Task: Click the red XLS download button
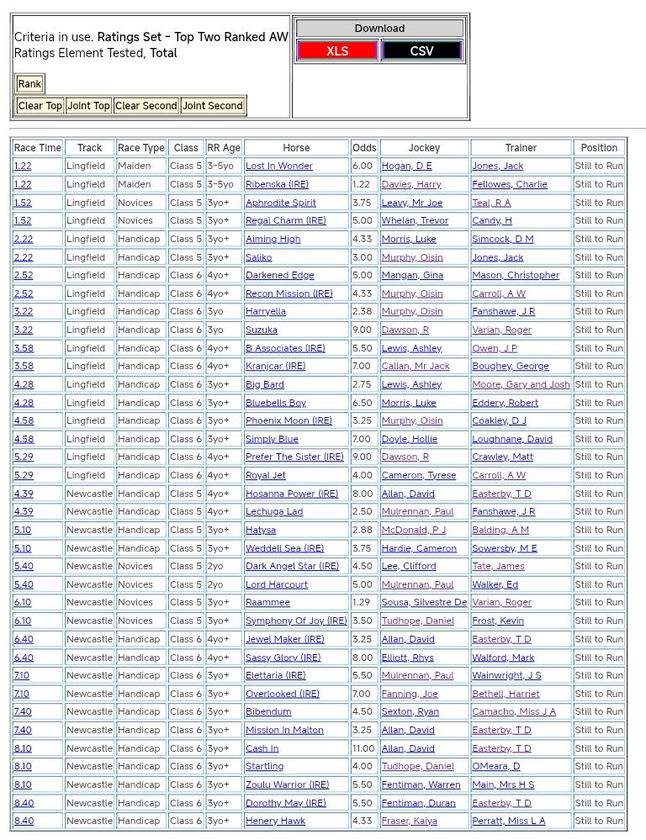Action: pyautogui.click(x=337, y=50)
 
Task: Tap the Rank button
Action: pyautogui.click(x=29, y=84)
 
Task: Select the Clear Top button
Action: pyautogui.click(x=40, y=106)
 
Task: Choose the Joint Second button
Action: pyautogui.click(x=213, y=106)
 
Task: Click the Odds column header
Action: pyautogui.click(x=364, y=148)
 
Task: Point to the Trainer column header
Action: pyautogui.click(x=521, y=148)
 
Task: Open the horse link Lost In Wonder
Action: pyautogui.click(x=278, y=166)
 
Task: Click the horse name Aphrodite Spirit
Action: pyautogui.click(x=280, y=203)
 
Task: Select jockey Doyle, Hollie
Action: pyautogui.click(x=410, y=439)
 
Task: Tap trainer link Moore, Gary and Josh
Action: pyautogui.click(x=521, y=384)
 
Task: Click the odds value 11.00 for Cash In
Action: pyautogui.click(x=363, y=748)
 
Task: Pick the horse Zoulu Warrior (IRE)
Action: pyautogui.click(x=287, y=785)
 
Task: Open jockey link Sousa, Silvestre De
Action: pyautogui.click(x=424, y=603)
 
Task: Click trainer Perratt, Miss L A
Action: pyautogui.click(x=508, y=821)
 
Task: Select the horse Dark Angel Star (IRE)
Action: pyautogui.click(x=292, y=567)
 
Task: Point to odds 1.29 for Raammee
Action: pyautogui.click(x=361, y=603)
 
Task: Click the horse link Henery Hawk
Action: pyautogui.click(x=275, y=821)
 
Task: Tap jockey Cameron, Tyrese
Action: pyautogui.click(x=418, y=475)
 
